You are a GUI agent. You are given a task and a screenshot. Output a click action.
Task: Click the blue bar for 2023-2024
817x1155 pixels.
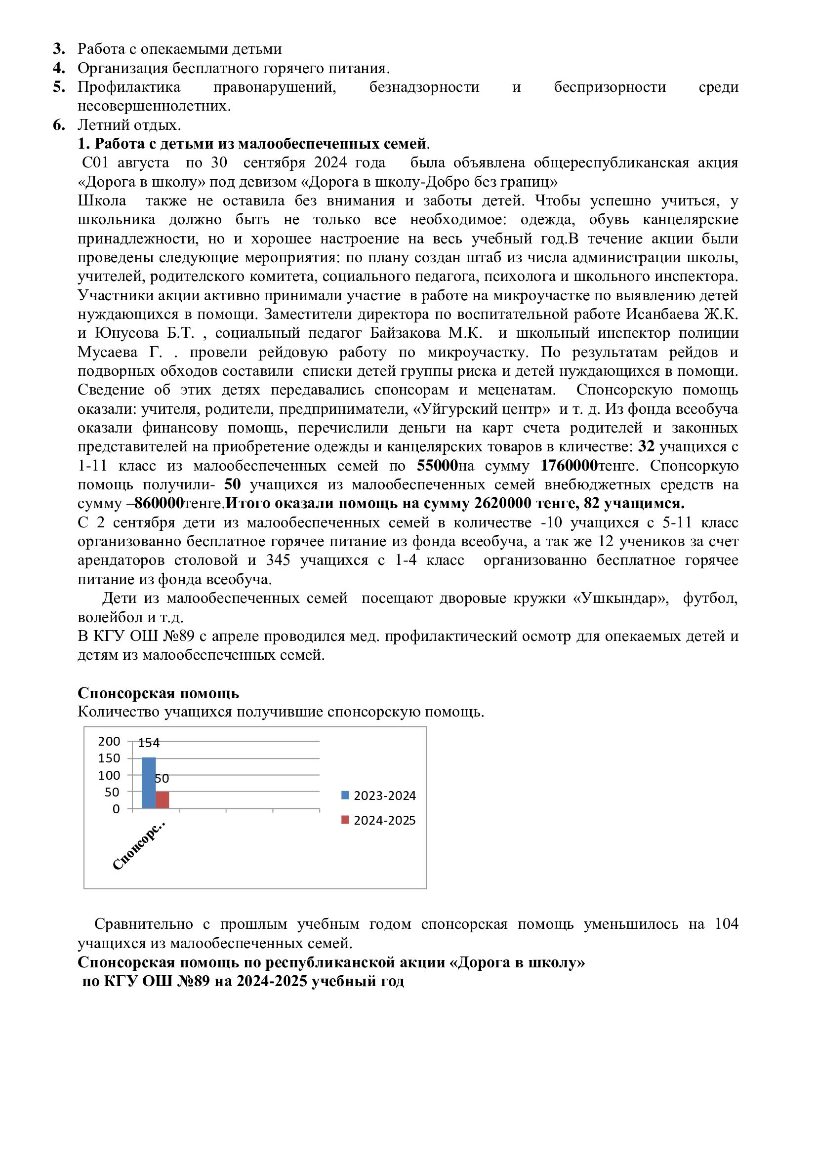(x=148, y=783)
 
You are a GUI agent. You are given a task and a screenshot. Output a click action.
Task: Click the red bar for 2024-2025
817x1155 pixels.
(x=162, y=800)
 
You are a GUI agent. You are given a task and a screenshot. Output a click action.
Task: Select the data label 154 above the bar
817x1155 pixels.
(x=148, y=743)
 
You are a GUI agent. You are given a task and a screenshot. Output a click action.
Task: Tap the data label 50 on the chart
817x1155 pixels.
(x=162, y=779)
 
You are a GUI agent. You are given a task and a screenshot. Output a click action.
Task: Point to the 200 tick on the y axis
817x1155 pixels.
(x=109, y=742)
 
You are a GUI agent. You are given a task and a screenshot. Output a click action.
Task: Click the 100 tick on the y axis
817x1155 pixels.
(x=109, y=775)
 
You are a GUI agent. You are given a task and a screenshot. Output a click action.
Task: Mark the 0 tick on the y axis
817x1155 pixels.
(x=116, y=809)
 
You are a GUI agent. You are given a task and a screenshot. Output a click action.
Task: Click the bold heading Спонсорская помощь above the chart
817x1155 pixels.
(x=158, y=693)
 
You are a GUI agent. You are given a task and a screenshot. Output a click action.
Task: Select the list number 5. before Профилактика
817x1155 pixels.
(x=59, y=87)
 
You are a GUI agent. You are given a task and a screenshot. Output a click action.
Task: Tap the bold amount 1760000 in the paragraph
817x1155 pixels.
(x=569, y=466)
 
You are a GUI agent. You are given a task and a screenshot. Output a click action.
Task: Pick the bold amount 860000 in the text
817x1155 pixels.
(x=159, y=504)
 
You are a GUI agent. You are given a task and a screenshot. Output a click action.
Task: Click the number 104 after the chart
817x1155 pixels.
(x=726, y=924)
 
